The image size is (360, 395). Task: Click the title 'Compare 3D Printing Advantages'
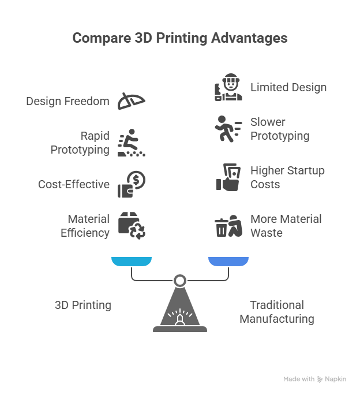pyautogui.click(x=180, y=39)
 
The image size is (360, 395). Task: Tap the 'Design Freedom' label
pyautogui.click(x=67, y=102)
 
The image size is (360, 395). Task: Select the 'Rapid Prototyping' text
pyautogui.click(x=80, y=143)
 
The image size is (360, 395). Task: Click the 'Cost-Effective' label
pyautogui.click(x=74, y=185)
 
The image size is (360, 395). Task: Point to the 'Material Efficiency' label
pyautogui.click(x=85, y=226)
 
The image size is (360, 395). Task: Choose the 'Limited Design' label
pyautogui.click(x=288, y=88)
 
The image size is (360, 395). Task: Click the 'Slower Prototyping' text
pyautogui.click(x=280, y=129)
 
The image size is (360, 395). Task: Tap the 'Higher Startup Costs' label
pyautogui.click(x=287, y=178)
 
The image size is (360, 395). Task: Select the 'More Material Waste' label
pyautogui.click(x=286, y=226)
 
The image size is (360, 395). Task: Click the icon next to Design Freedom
pyautogui.click(x=132, y=101)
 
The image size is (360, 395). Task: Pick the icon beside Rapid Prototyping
pyautogui.click(x=132, y=143)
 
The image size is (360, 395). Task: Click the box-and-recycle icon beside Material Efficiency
pyautogui.click(x=132, y=226)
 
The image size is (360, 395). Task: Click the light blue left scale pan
pyautogui.click(x=132, y=262)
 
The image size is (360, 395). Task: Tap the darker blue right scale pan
pyautogui.click(x=228, y=262)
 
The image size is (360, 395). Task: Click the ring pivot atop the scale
pyautogui.click(x=180, y=281)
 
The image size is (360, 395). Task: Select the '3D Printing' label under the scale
pyautogui.click(x=83, y=305)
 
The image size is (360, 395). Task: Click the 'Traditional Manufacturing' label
pyautogui.click(x=277, y=312)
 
